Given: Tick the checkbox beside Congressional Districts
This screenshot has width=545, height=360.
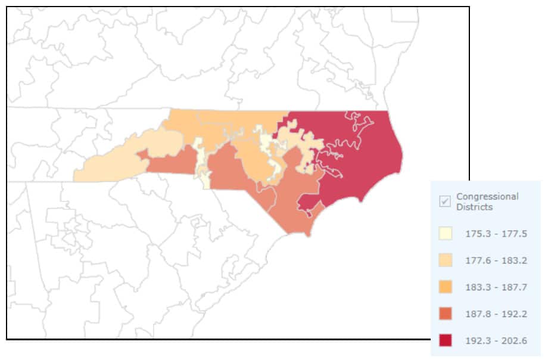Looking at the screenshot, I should point(444,201).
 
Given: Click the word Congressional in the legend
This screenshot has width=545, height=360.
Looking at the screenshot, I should point(487,196).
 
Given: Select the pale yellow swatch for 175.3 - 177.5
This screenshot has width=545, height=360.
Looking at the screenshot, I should point(444,234).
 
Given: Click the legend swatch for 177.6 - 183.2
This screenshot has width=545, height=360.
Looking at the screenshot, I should point(444,260).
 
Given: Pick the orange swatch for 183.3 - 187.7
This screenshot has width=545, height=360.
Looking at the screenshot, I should point(444,287).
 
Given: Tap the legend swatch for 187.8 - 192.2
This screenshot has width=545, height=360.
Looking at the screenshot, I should point(444,314).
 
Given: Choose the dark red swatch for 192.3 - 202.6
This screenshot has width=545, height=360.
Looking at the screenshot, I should point(444,340).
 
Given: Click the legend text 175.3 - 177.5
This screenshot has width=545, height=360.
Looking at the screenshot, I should point(496,234).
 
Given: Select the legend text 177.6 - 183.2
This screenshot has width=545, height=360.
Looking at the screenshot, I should point(496,260).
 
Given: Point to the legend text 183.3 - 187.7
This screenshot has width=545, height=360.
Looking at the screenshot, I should point(496,287).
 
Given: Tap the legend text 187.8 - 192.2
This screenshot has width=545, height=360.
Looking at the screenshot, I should point(496,314).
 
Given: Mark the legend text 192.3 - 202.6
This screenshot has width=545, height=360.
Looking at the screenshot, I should point(496,340).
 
